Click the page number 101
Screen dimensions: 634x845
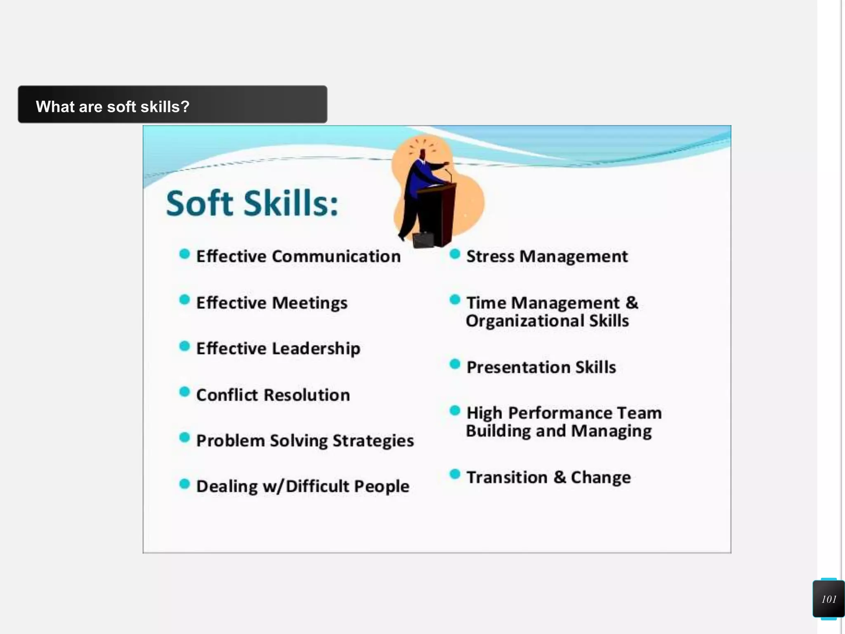click(828, 599)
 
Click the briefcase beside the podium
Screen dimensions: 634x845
click(423, 239)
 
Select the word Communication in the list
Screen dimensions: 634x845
click(336, 256)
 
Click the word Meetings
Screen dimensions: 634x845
click(309, 303)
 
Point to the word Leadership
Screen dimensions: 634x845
click(316, 349)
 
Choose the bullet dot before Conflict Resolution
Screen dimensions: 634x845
click(184, 392)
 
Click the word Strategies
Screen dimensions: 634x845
click(373, 441)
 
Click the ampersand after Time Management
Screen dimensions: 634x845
click(632, 303)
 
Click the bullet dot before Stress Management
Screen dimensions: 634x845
click(455, 254)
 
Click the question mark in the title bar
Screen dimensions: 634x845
click(185, 106)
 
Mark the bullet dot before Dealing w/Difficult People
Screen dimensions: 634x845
click(184, 483)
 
